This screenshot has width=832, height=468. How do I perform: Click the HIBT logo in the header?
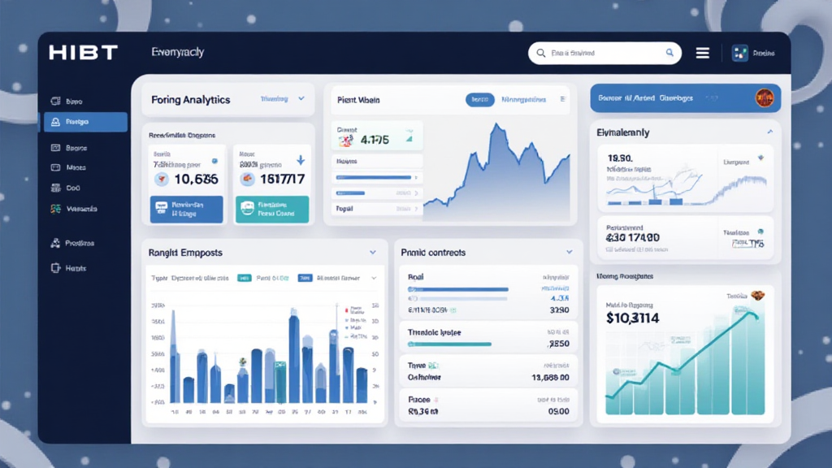[83, 53]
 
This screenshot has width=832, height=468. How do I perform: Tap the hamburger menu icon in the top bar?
[703, 53]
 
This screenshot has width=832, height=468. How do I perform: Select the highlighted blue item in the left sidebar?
[84, 122]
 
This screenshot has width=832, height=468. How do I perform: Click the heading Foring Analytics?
[191, 99]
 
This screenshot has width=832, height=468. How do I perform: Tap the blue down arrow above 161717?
[300, 160]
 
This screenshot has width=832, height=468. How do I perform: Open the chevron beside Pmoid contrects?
[569, 253]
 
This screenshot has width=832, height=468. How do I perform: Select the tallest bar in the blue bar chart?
[294, 357]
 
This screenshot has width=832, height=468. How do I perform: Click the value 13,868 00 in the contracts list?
[549, 378]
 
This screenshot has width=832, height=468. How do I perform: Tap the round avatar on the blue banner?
[764, 97]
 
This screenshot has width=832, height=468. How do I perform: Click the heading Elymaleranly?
[623, 132]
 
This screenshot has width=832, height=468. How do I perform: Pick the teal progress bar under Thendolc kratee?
[449, 344]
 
